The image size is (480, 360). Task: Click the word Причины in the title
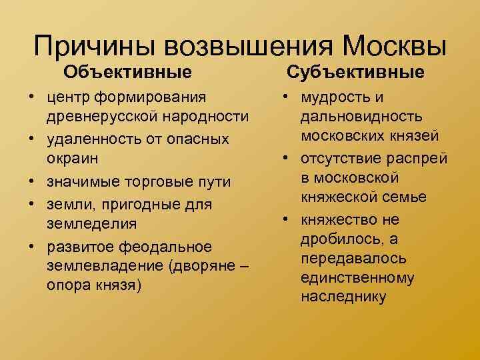[x=93, y=46]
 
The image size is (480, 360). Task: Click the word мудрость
[x=333, y=97]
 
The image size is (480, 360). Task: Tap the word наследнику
[x=343, y=297]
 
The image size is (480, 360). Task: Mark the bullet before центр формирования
[x=31, y=98]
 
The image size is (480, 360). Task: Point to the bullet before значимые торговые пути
[x=31, y=181]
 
